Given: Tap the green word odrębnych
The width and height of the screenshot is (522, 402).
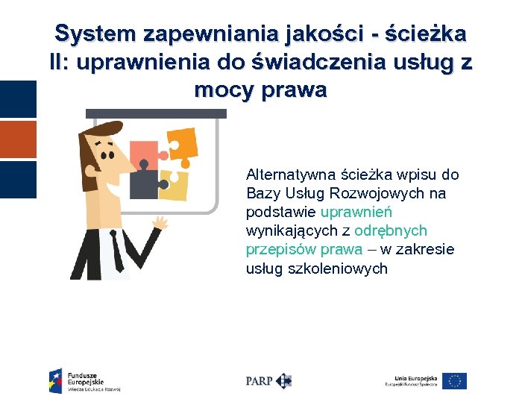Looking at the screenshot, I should [391, 231].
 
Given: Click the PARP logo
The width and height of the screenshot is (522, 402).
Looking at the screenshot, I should [268, 380].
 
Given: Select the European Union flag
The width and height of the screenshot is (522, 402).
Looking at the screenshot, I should [454, 381].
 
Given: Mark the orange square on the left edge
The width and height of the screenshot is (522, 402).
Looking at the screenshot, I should [18, 139].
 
